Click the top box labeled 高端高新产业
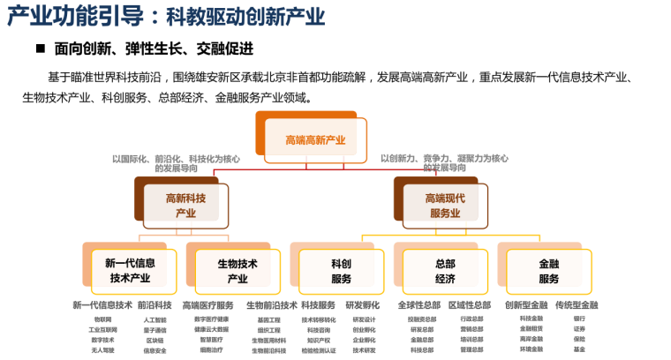pos(315,139)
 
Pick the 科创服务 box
pos(341,270)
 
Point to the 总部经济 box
pos(444,270)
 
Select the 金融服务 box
pos(548,270)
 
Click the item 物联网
pos(103,319)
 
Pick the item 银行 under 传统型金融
pos(579,319)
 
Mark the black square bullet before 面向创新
pos(40,49)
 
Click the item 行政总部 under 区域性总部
pos(471,319)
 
